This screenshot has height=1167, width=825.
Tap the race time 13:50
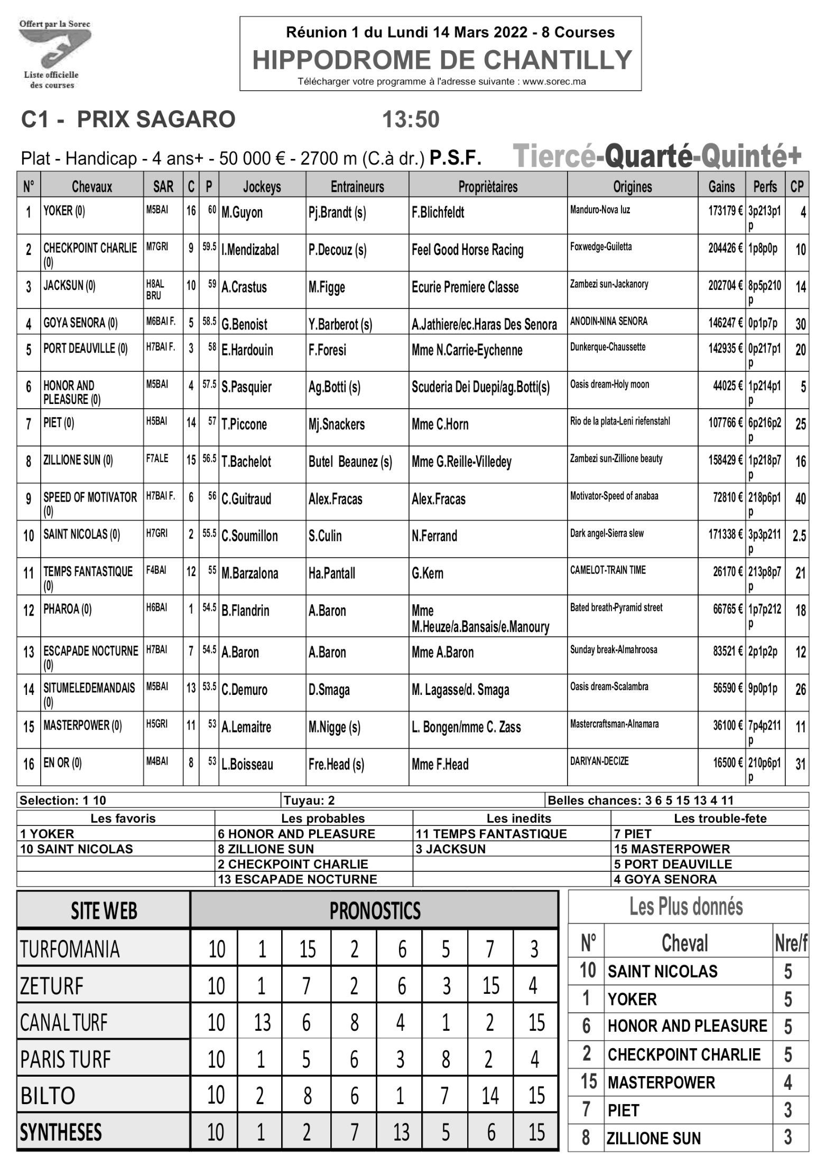[x=411, y=120]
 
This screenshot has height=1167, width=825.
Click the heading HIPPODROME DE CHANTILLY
[x=442, y=60]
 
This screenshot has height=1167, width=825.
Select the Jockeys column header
[x=262, y=186]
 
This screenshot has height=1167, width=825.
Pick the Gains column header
[x=721, y=186]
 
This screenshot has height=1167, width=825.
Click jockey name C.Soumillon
[x=249, y=536]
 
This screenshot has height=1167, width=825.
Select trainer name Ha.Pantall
[x=332, y=573]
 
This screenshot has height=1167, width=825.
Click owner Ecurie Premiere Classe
[x=465, y=287]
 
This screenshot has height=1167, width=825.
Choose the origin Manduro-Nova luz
[x=600, y=210]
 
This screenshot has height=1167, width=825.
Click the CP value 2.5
[x=799, y=536]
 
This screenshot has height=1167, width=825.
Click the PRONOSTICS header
[x=375, y=910]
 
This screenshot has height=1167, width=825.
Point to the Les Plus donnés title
[x=686, y=907]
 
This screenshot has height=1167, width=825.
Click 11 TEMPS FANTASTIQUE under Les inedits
[x=491, y=834]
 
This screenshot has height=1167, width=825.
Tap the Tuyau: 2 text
[x=309, y=801]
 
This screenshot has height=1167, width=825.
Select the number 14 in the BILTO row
[x=490, y=1096]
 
